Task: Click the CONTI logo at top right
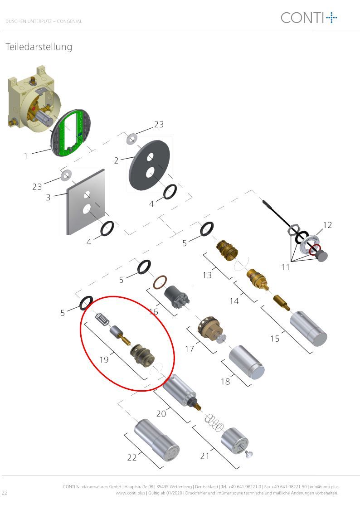pyautogui.click(x=309, y=18)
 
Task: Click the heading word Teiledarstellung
pyautogui.click(x=39, y=47)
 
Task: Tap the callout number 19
pyautogui.click(x=104, y=360)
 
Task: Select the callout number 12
pyautogui.click(x=327, y=225)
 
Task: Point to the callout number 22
pyautogui.click(x=132, y=457)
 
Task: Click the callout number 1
pyautogui.click(x=26, y=155)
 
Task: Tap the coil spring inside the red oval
pyautogui.click(x=102, y=319)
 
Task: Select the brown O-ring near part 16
pyautogui.click(x=160, y=282)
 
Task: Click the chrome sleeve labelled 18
pyautogui.click(x=247, y=362)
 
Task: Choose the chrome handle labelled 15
pyautogui.click(x=308, y=328)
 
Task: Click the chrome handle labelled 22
pyautogui.click(x=157, y=440)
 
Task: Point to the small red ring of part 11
pyautogui.click(x=315, y=250)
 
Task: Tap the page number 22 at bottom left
pyautogui.click(x=5, y=492)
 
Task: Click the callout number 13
pyautogui.click(x=207, y=275)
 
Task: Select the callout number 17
pyautogui.click(x=189, y=349)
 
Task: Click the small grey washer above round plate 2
pyautogui.click(x=131, y=139)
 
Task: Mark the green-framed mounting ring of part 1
pyautogui.click(x=70, y=133)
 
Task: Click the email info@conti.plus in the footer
pyautogui.click(x=324, y=487)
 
